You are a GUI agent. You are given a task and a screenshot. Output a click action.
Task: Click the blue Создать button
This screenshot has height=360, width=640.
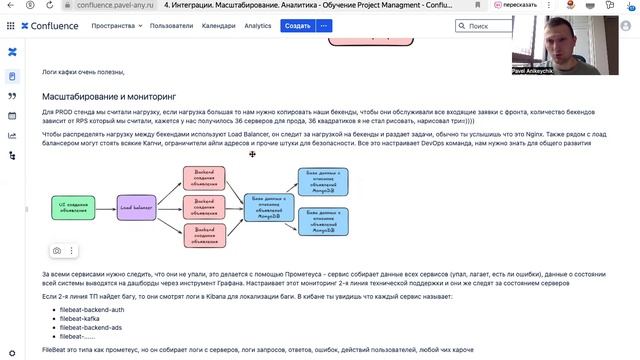coord(297,25)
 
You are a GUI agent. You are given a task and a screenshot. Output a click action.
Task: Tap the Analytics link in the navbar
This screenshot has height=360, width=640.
coord(258,25)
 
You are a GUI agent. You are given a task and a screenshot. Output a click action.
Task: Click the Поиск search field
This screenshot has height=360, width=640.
coord(490,25)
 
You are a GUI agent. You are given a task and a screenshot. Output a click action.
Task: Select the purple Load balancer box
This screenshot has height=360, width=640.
coord(138,208)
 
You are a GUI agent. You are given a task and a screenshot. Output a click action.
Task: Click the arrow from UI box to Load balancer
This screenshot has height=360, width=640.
coord(107,208)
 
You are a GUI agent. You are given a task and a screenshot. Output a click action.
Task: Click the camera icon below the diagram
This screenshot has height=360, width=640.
coord(57,250)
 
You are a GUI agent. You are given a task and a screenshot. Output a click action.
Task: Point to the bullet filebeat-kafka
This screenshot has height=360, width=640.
coord(83,318)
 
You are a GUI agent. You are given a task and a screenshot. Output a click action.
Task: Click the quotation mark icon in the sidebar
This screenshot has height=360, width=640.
coord(12,96)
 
